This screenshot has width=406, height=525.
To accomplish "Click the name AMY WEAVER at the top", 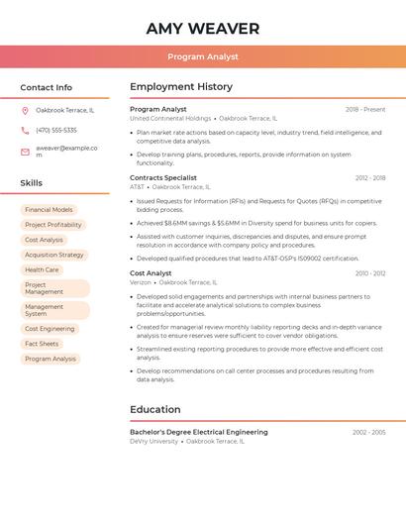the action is (203, 29).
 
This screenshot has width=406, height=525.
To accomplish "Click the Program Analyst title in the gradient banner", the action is (203, 56).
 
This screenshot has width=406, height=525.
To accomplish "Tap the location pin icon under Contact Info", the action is (26, 110).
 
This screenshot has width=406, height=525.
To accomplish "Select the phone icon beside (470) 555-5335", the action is (26, 130).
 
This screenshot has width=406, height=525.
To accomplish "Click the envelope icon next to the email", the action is (26, 151).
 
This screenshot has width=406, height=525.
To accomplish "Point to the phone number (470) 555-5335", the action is (56, 130).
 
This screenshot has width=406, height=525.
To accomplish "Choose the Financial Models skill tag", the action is (49, 210).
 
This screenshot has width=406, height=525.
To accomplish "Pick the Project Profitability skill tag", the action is (53, 225).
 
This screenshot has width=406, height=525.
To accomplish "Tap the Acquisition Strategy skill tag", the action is (54, 255).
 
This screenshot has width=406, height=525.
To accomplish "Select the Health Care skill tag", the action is (42, 269).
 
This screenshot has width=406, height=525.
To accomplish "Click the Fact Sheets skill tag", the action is (42, 344).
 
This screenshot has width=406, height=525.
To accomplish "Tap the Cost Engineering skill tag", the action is (50, 329).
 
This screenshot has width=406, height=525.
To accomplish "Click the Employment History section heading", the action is (181, 87).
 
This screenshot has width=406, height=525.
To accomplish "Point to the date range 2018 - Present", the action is (365, 109).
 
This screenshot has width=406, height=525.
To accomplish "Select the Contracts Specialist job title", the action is (163, 178).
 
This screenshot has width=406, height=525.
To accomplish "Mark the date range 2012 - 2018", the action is (370, 178).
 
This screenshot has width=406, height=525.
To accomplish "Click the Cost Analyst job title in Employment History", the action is (151, 273).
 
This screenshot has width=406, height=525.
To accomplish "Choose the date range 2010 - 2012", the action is (370, 273).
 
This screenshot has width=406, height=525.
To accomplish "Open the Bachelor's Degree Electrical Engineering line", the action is (199, 432).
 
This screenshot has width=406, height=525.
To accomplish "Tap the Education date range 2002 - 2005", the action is (368, 433).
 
